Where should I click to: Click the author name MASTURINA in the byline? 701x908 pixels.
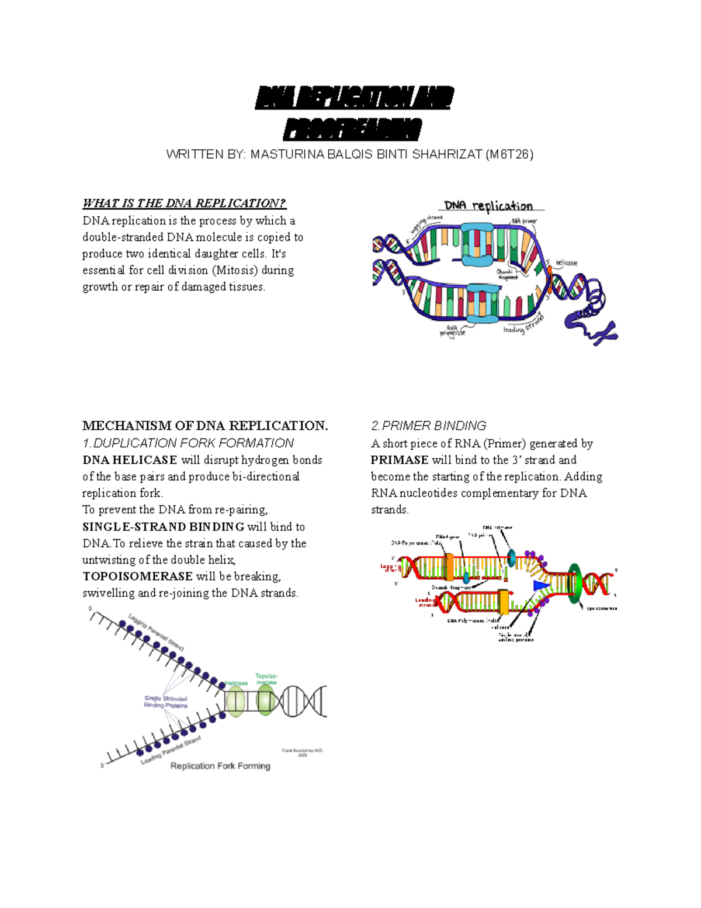286,154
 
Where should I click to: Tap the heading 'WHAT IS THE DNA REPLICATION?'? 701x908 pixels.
184,203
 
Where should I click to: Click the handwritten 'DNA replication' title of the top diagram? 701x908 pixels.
488,206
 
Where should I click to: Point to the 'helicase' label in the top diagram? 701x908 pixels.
566,263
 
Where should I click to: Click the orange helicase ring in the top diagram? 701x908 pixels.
549,280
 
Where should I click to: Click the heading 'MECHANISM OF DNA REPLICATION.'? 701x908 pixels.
205,426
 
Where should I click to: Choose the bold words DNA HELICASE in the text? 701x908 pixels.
130,460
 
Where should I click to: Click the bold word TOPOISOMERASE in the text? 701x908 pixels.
137,576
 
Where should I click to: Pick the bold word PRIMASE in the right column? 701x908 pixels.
400,460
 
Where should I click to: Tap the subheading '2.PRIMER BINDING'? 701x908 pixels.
428,426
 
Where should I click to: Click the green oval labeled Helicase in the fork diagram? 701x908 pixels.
235,701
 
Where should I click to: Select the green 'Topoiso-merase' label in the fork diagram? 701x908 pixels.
266,679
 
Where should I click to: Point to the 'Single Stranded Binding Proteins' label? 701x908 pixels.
166,702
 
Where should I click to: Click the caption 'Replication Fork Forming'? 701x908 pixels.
220,766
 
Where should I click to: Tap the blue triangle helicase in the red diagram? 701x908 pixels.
541,585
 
